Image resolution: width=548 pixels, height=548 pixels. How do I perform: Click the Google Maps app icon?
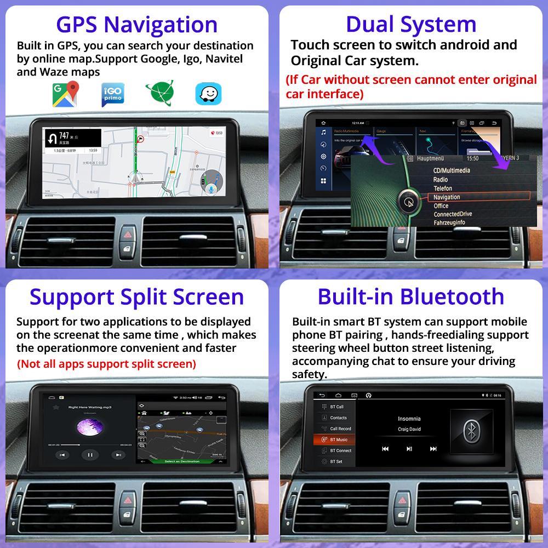tap(66, 94)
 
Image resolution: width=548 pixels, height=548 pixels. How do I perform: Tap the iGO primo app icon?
tap(113, 94)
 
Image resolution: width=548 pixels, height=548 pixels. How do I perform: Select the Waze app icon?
tap(208, 94)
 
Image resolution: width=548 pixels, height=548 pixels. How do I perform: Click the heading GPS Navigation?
tap(137, 25)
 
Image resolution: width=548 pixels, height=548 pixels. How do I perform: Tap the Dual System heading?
tap(411, 25)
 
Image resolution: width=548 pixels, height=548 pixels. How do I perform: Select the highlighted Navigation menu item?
tap(447, 197)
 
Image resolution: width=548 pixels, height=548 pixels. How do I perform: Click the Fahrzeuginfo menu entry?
tap(449, 222)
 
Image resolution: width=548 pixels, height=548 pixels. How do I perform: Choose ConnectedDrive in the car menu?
tap(453, 214)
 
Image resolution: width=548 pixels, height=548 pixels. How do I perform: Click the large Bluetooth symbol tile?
tap(470, 432)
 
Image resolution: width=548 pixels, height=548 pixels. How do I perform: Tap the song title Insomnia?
tap(409, 419)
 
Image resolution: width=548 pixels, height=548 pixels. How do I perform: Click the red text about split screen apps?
tap(106, 363)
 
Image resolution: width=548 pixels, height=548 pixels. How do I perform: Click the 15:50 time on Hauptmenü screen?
tap(472, 158)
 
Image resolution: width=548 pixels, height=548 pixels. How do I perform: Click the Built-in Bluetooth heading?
tap(411, 296)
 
